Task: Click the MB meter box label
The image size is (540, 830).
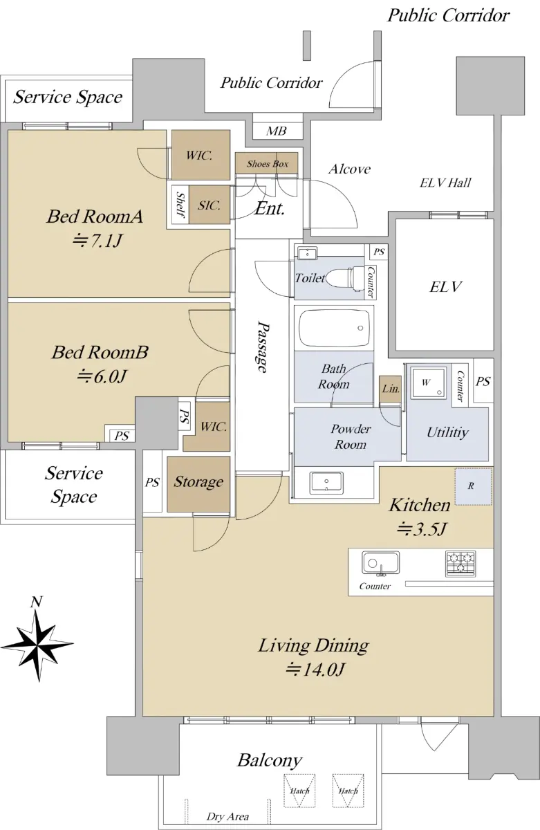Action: coord(276,131)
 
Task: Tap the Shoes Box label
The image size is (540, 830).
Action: coord(268,164)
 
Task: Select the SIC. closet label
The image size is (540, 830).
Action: coord(209,205)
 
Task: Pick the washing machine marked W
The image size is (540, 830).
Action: coord(429,383)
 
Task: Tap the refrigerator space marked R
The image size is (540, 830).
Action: coord(474,486)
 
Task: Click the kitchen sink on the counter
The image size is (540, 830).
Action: coord(380,563)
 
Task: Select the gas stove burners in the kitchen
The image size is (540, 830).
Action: coord(460,564)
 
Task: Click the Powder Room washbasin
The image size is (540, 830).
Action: coord(326,483)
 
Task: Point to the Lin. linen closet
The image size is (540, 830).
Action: coord(391,389)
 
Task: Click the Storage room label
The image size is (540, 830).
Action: coord(198,481)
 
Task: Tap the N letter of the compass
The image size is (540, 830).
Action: coord(36,602)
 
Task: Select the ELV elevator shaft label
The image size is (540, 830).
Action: coord(445,287)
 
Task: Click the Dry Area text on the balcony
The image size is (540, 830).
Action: coord(227,817)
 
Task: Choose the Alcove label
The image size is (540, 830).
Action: coord(350,169)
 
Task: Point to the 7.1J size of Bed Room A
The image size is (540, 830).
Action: coord(97,241)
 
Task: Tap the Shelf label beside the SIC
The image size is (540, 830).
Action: coord(180,205)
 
